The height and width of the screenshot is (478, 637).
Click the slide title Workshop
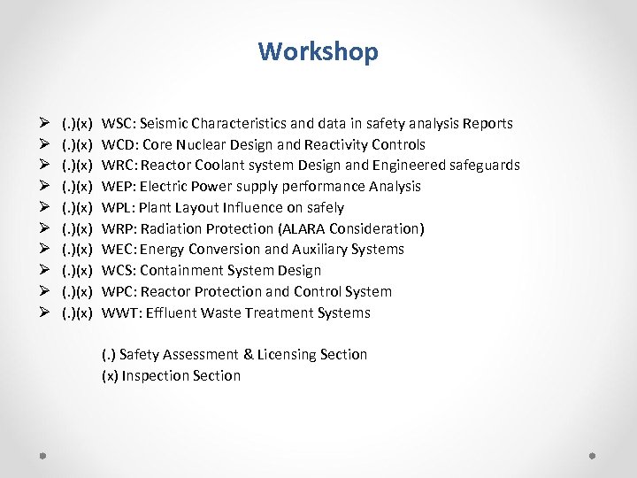[318, 51]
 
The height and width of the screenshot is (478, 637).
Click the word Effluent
[165, 313]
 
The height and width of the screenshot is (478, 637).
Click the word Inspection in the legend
[154, 376]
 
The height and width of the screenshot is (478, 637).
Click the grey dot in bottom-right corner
[592, 456]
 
